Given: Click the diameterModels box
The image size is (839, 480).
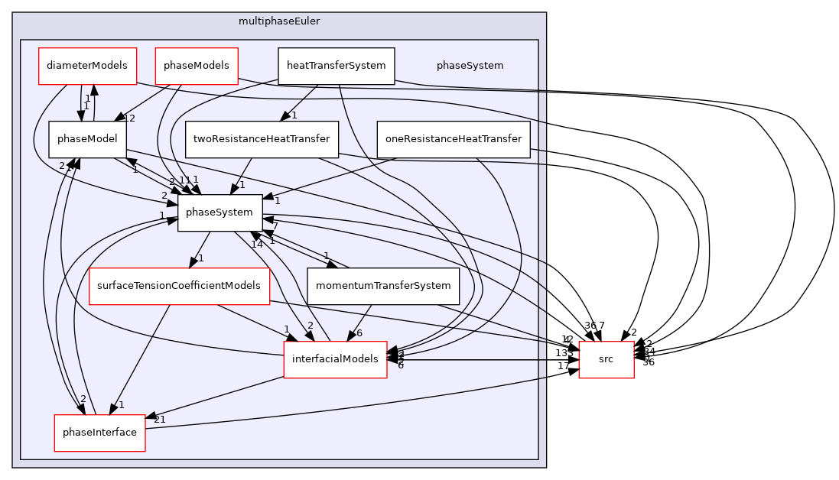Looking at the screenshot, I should [88, 66].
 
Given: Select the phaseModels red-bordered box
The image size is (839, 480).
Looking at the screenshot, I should [197, 66].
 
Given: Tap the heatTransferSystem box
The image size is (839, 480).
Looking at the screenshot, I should [336, 66].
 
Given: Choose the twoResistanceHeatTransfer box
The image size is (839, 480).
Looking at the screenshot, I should [262, 139].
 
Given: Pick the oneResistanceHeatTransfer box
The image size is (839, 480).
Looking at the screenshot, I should [454, 139].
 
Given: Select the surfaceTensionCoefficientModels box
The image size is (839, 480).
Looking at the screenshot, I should [179, 286].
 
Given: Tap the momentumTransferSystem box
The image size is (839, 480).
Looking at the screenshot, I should [382, 286].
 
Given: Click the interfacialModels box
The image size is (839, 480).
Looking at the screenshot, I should [335, 359].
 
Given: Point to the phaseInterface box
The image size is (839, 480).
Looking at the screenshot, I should [99, 433].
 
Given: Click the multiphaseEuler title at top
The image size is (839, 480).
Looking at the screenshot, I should [279, 21].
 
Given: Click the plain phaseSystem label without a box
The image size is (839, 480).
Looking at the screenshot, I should [470, 66].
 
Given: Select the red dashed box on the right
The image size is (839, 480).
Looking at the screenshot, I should [606, 359].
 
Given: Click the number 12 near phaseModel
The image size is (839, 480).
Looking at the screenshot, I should [130, 118].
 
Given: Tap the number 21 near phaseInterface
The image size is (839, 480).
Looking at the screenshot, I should [160, 420].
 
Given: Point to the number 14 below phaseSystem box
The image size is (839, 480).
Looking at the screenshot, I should [256, 245].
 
